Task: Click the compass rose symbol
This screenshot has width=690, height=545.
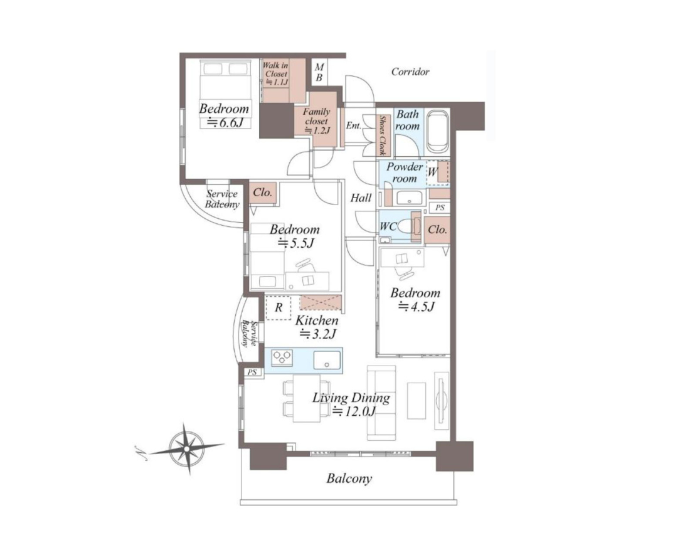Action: point(186,448)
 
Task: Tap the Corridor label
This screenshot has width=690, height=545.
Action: point(410,71)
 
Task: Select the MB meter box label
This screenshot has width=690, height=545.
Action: point(319,73)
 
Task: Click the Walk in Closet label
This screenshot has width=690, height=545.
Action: point(276,74)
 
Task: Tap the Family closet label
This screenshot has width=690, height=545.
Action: point(316,120)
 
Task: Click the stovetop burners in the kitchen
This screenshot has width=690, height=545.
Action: point(282,357)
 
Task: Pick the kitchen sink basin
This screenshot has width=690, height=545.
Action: point(327,360)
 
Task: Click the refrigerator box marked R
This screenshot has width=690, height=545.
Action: point(278,307)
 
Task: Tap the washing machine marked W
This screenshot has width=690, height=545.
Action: point(437,172)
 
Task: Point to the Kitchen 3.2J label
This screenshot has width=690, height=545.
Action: point(317,327)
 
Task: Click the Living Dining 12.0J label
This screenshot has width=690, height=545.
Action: point(351,405)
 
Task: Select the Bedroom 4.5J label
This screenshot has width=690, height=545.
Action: point(415,299)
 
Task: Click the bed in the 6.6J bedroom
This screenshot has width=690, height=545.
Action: point(225,93)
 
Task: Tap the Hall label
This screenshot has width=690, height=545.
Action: point(361,198)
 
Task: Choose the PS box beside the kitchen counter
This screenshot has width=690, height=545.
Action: point(252,373)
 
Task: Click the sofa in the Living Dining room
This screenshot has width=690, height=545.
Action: point(382,403)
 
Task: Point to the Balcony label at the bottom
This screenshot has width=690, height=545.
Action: point(349,478)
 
